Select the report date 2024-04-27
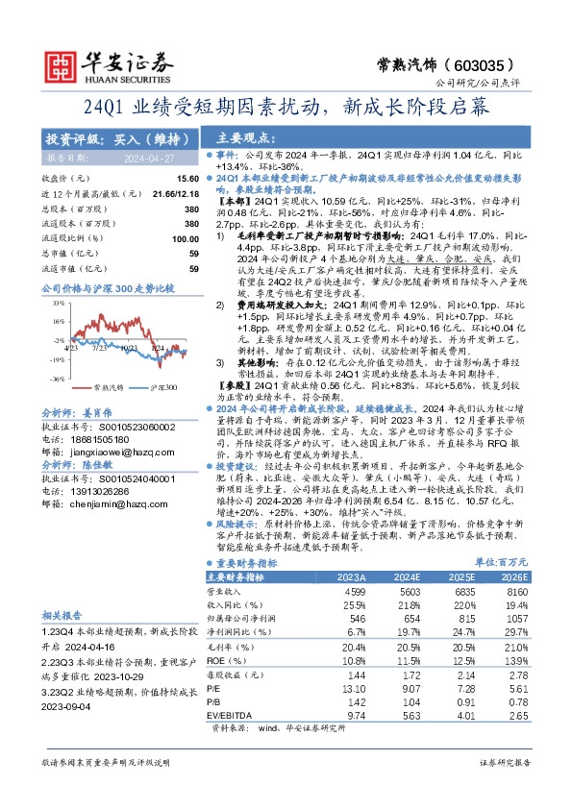point(143,157)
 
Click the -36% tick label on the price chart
point(58,378)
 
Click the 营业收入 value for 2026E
point(514,593)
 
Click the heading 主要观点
point(240,137)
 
